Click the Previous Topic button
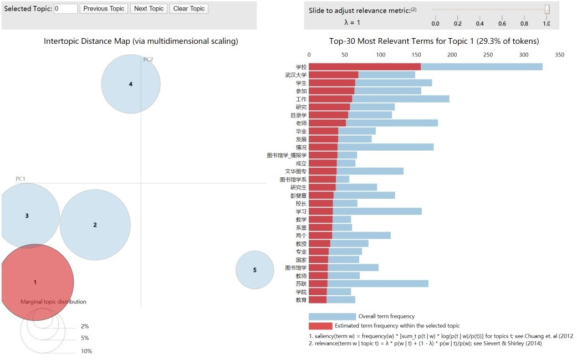click(x=104, y=9)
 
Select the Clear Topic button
click(x=189, y=9)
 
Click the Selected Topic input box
click(x=65, y=9)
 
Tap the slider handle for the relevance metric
click(x=547, y=9)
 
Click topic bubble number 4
click(x=131, y=84)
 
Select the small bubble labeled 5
click(x=255, y=270)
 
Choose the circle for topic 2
click(x=95, y=225)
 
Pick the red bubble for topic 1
click(x=35, y=282)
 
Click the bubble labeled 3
click(x=27, y=215)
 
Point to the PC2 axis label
click(x=148, y=59)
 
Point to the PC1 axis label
click(x=21, y=179)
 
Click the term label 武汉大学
click(x=296, y=75)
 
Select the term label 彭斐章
click(x=298, y=195)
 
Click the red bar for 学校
click(x=364, y=66)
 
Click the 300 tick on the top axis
click(x=524, y=55)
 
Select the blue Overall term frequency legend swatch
click(x=332, y=316)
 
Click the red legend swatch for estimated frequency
click(x=320, y=326)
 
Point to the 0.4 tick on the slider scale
click(x=480, y=23)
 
